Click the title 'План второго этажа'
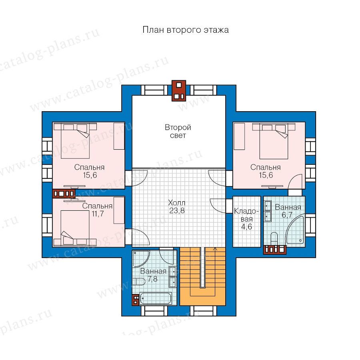[x=186, y=30]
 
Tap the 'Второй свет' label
[x=178, y=131]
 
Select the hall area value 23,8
[x=177, y=210]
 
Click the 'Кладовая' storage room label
[x=246, y=215]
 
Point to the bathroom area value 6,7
[x=287, y=215]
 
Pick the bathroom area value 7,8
[x=152, y=279]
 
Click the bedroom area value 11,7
[x=98, y=214]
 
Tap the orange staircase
[x=202, y=276]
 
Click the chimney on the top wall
[x=179, y=90]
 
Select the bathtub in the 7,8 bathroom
[x=156, y=298]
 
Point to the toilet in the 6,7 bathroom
[x=274, y=238]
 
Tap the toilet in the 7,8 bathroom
[x=139, y=282]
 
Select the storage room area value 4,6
[x=246, y=227]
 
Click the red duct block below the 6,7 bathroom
[x=275, y=250]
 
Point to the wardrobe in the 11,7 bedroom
[x=119, y=210]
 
